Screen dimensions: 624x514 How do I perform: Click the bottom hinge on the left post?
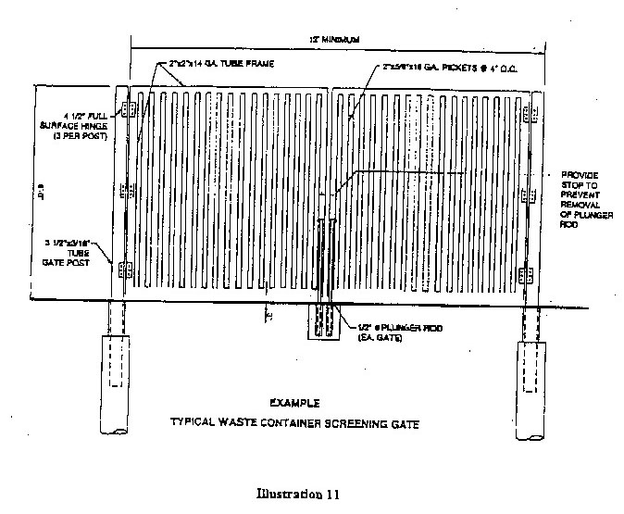(x=126, y=270)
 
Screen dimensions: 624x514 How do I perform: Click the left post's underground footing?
(x=112, y=361)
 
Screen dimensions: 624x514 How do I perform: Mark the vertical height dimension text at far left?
(x=43, y=196)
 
